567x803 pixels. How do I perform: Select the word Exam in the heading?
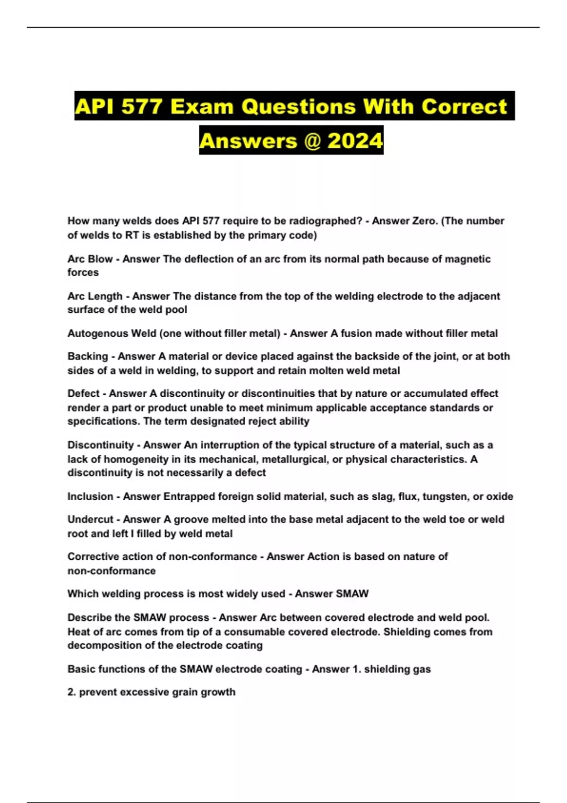(202, 106)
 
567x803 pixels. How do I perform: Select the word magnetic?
(468, 259)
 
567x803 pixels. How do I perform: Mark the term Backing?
(87, 356)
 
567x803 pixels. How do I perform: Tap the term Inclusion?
(90, 496)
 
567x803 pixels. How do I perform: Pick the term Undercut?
(90, 520)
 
